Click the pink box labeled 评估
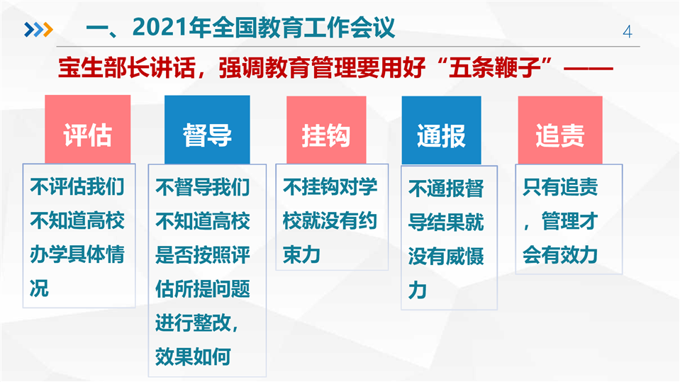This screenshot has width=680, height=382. pos(88,129)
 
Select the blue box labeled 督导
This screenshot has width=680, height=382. pos(207,130)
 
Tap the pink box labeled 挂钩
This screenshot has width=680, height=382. pos(326,130)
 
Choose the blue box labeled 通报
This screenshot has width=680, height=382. pos(441,130)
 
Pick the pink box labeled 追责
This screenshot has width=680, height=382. pos(560,130)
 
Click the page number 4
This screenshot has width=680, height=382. pos(627,32)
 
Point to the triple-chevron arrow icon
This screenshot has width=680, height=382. pos(38,30)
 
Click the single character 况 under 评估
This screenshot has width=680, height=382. pos(39,288)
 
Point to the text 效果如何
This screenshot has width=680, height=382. pos(193,356)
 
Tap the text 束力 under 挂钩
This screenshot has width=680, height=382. pos(301,254)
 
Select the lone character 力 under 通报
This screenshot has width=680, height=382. pos(417,290)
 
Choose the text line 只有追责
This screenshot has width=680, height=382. pos(560,187)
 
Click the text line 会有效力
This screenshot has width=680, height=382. pos(560,254)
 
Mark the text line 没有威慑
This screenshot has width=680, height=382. pos(446,257)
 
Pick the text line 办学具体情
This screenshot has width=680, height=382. pos(77,254)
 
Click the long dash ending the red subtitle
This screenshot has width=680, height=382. pos(588,69)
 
